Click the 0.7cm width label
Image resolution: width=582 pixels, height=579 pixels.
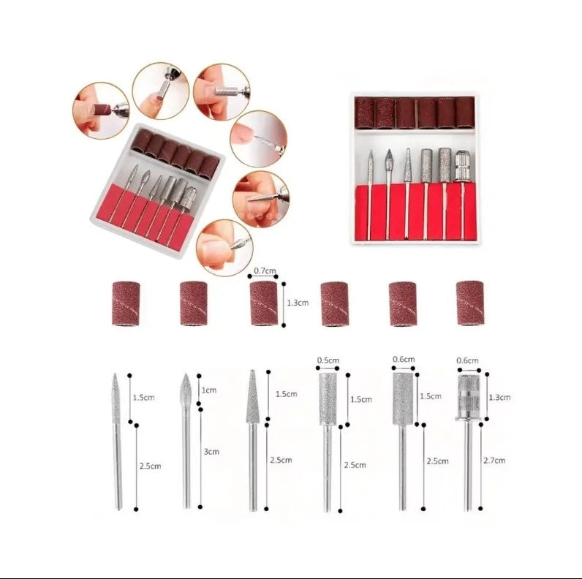[265, 270]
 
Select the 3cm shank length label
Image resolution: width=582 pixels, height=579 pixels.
[211, 452]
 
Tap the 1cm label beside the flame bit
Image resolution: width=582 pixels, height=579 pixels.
[209, 390]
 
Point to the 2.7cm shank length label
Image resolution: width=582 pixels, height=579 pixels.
[494, 461]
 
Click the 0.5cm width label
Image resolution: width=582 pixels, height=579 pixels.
[328, 360]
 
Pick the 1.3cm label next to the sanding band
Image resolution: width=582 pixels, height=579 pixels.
[298, 303]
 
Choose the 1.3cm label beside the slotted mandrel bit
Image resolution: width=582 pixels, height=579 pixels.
[499, 398]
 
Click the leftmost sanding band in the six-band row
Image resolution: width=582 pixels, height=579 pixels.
[126, 303]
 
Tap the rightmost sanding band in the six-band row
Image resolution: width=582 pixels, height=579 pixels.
[470, 303]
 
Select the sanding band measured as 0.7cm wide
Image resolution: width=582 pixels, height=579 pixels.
[264, 303]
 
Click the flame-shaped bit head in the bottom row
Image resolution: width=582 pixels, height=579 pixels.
[186, 389]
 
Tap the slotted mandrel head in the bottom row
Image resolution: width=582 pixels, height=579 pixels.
[469, 398]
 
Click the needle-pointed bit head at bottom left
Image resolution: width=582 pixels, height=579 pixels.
[116, 398]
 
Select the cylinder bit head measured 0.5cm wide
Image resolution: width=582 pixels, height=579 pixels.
[328, 399]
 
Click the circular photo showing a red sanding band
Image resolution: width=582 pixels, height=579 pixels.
[101, 110]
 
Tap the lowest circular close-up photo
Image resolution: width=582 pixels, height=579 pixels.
[224, 248]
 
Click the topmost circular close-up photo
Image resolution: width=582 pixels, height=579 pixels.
[161, 91]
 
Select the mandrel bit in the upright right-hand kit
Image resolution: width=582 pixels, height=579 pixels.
[461, 193]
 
